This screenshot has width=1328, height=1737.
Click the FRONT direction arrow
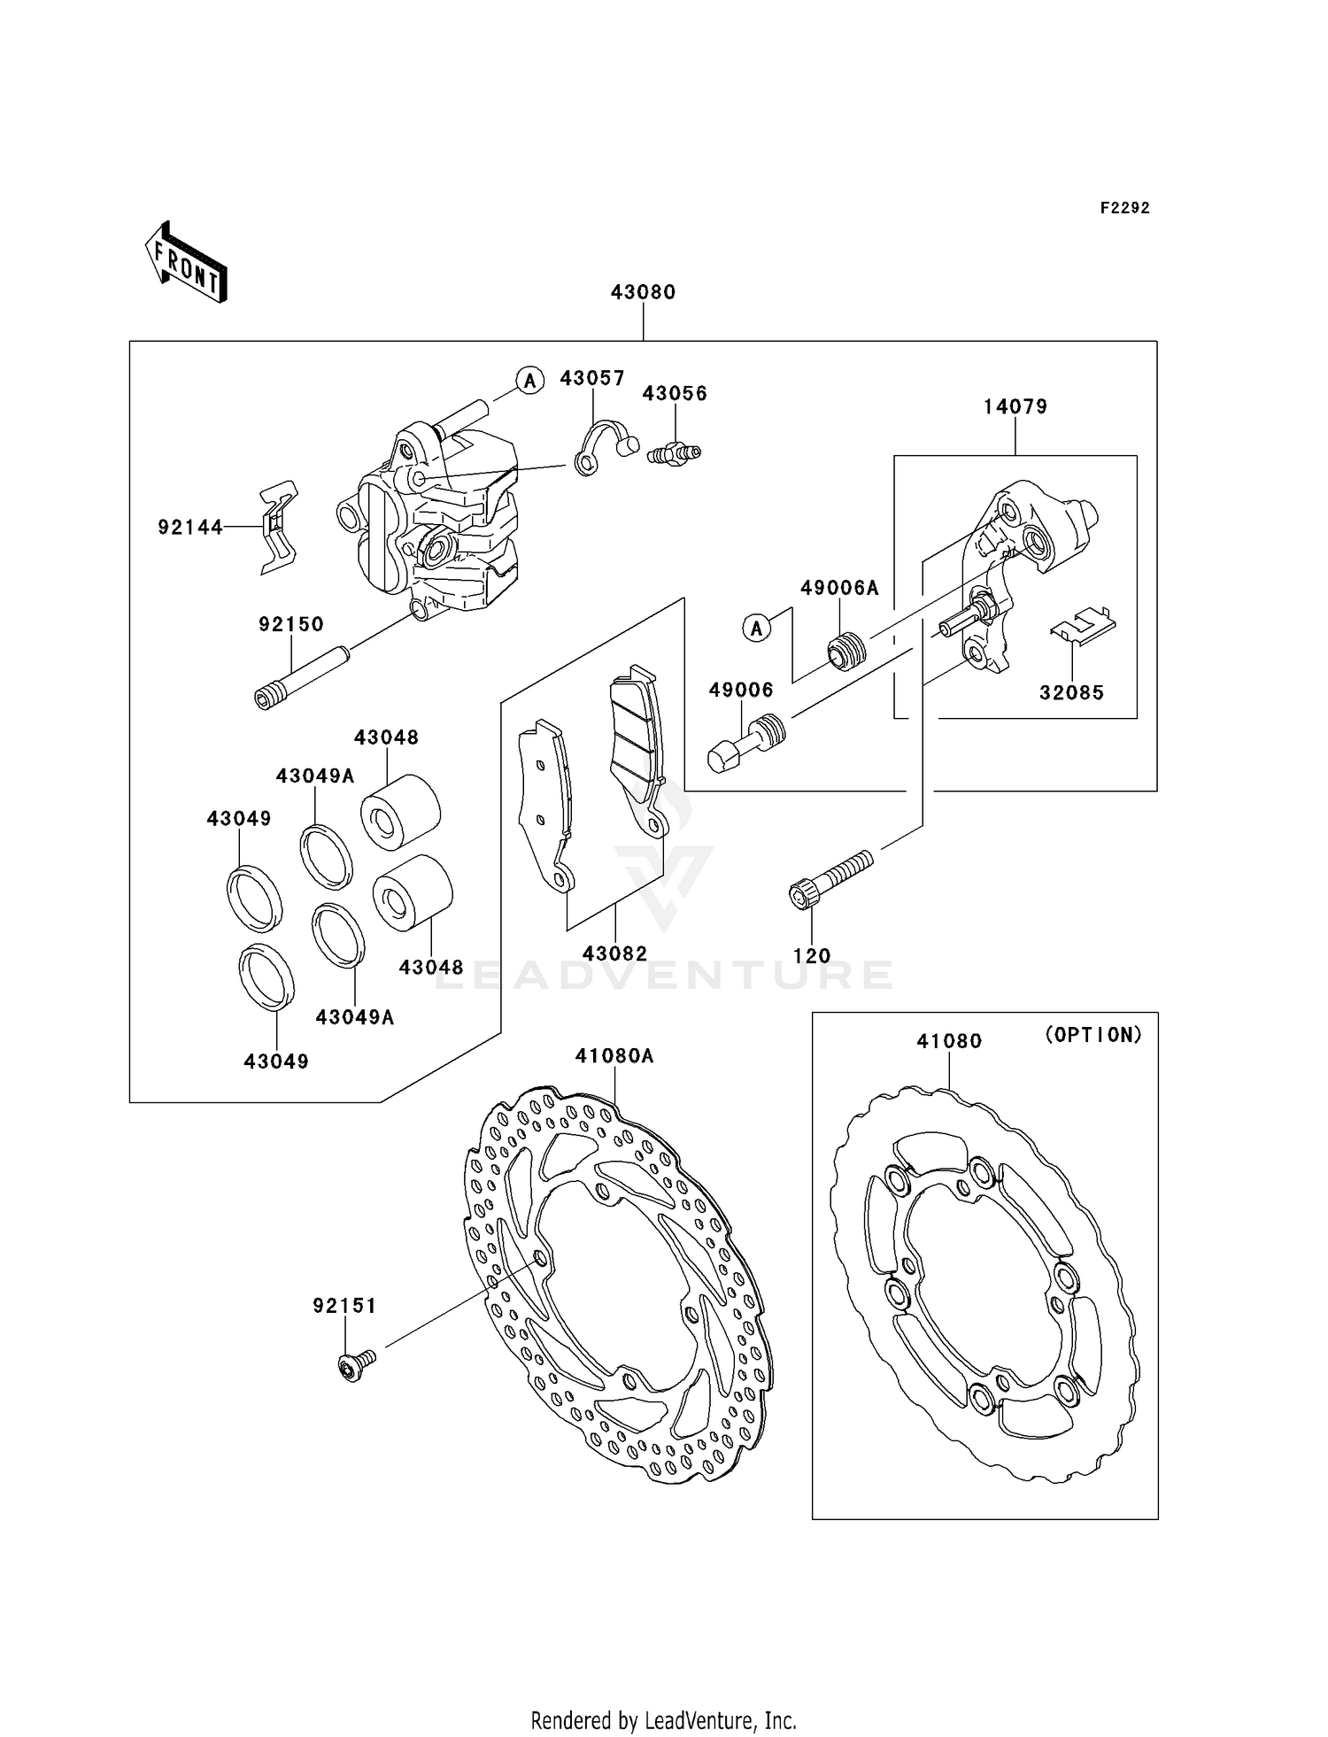187,264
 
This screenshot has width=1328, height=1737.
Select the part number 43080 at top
643,292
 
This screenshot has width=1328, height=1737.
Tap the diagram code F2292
1124,208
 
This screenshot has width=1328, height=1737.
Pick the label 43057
592,378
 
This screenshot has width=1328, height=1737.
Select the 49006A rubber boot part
848,652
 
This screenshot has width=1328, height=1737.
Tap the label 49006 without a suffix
741,690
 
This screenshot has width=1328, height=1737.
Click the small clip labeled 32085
1082,624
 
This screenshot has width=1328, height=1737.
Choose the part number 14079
1015,406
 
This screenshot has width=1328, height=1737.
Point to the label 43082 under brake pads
614,953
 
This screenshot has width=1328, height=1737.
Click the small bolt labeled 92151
357,1365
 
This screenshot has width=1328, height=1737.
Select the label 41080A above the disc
614,1055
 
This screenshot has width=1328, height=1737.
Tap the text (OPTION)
1093,1034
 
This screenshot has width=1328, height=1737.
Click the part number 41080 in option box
949,1041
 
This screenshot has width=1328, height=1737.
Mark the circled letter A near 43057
529,381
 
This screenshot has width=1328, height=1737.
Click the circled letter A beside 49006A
756,628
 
